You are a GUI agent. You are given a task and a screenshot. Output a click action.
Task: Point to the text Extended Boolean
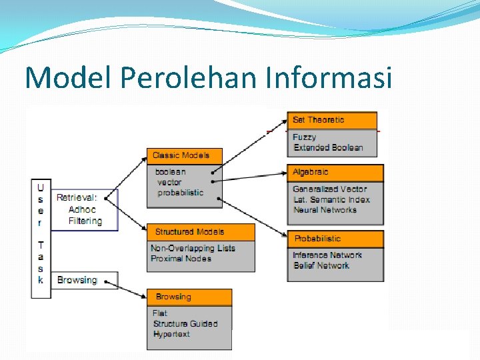pyautogui.click(x=328, y=147)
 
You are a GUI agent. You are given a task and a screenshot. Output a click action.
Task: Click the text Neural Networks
pyautogui.click(x=325, y=210)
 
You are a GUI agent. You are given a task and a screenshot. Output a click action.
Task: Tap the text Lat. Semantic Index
pyautogui.click(x=331, y=199)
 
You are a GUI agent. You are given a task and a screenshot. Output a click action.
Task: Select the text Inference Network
pyautogui.click(x=327, y=255)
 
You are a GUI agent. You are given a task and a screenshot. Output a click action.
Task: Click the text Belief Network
pyautogui.click(x=321, y=265)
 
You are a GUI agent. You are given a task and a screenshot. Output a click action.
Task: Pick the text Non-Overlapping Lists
pyautogui.click(x=193, y=248)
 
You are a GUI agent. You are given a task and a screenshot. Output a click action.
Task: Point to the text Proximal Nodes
pyautogui.click(x=181, y=259)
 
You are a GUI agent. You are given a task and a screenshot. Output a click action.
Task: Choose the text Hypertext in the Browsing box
pyautogui.click(x=171, y=334)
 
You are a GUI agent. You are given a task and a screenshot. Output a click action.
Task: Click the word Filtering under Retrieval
pyautogui.click(x=85, y=221)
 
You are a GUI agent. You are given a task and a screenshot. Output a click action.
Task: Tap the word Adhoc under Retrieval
pyautogui.click(x=82, y=209)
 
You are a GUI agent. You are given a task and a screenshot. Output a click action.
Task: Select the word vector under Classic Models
pyautogui.click(x=169, y=182)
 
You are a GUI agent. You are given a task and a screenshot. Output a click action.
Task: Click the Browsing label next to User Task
pyautogui.click(x=77, y=280)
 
